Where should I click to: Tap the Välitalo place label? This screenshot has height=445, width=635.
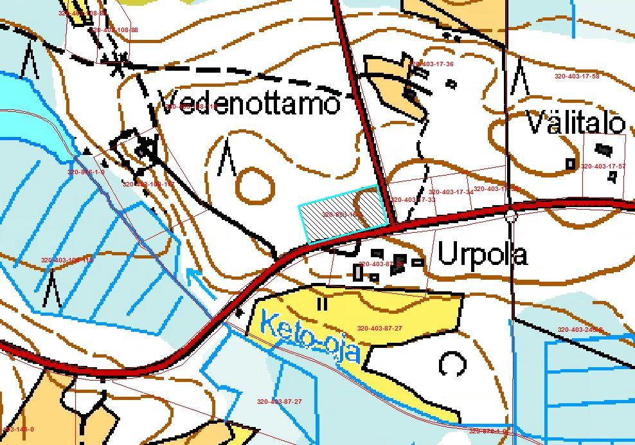click(575, 122)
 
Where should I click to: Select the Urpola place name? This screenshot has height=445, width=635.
click(482, 255)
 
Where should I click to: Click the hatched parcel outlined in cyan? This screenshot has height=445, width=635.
click(343, 212)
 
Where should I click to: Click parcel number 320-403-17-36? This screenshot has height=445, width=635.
click(431, 64)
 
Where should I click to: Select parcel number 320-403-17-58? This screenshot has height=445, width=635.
click(577, 76)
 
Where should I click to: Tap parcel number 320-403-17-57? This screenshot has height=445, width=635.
click(603, 167)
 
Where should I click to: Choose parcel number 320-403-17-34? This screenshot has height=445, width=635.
click(451, 192)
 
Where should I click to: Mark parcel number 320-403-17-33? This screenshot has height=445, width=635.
click(413, 200)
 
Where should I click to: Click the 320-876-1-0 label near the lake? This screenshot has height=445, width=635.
click(85, 172)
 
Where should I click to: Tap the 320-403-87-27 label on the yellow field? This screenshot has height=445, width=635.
click(379, 329)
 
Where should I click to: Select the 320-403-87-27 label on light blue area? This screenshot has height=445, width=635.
click(279, 401)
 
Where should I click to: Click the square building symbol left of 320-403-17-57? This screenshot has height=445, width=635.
click(570, 164)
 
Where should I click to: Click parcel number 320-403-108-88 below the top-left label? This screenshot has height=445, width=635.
click(114, 30)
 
